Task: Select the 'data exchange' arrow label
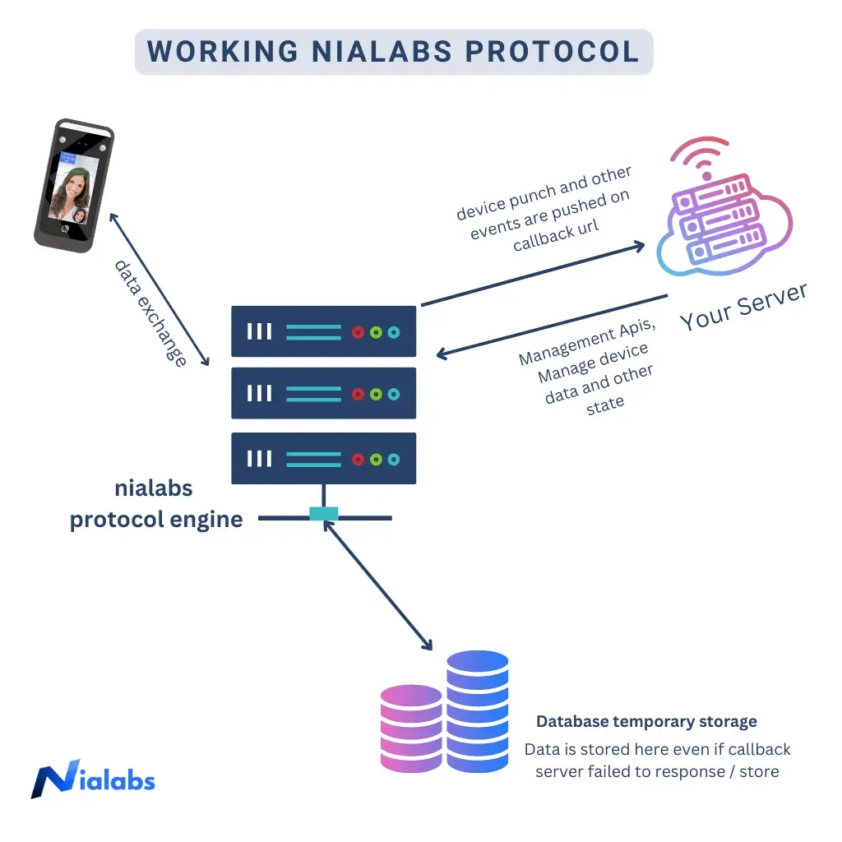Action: pyautogui.click(x=150, y=313)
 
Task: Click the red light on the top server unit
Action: pyautogui.click(x=358, y=332)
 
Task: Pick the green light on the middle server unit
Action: pyautogui.click(x=376, y=394)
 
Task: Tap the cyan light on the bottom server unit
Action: pyautogui.click(x=394, y=459)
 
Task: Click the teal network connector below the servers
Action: pyautogui.click(x=323, y=515)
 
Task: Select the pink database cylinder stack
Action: pyautogui.click(x=411, y=729)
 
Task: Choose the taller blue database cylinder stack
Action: pyautogui.click(x=477, y=712)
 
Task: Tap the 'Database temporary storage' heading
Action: pyautogui.click(x=646, y=722)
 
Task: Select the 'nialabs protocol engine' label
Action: pyautogui.click(x=155, y=504)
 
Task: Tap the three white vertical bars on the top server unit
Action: pyautogui.click(x=259, y=332)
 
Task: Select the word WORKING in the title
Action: pyautogui.click(x=223, y=51)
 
